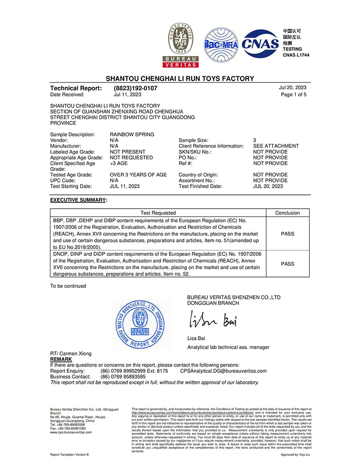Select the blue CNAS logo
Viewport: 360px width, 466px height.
(x=261, y=44)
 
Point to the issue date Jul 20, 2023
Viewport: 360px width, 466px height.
(x=292, y=88)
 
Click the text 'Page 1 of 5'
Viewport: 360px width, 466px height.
(x=293, y=95)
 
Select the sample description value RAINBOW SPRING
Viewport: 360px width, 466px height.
(x=132, y=134)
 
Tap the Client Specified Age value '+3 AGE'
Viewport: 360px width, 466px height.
(x=118, y=163)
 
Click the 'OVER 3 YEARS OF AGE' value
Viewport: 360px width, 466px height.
(x=138, y=175)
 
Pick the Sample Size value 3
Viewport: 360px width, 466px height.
(x=255, y=140)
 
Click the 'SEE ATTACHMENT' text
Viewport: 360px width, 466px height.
(x=276, y=146)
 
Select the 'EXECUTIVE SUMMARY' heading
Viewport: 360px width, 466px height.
(x=78, y=199)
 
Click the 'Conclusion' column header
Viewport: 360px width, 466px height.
(x=288, y=213)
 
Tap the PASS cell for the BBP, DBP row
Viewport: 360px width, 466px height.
(x=288, y=234)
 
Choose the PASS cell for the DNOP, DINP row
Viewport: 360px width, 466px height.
(x=288, y=263)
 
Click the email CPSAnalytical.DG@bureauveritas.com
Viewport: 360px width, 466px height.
(x=223, y=371)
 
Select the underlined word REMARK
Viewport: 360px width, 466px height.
(x=61, y=359)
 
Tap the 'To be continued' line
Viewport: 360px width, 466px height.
(x=68, y=286)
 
